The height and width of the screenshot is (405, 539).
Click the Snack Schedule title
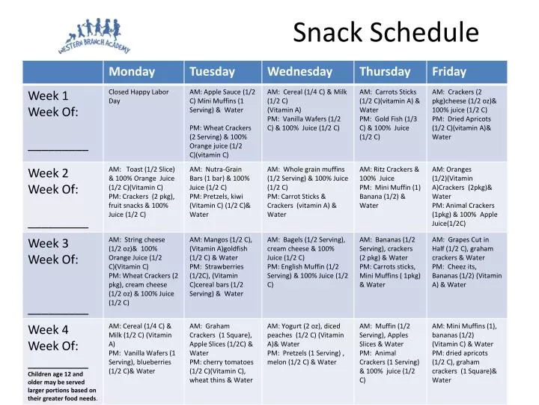pyautogui.click(x=386, y=32)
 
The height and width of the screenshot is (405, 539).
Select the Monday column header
pyautogui.click(x=132, y=72)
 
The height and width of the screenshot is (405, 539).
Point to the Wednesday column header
pyautogui.click(x=299, y=72)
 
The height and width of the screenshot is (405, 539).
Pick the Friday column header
pyautogui.click(x=448, y=72)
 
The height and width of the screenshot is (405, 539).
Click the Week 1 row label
pyautogui.click(x=49, y=96)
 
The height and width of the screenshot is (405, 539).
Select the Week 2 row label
pyautogui.click(x=49, y=173)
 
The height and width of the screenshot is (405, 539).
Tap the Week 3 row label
pyautogui.click(x=49, y=244)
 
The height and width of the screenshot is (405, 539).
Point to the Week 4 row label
pyautogui.click(x=49, y=330)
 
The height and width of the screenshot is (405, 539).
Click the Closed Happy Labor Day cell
pyautogui.click(x=138, y=96)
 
